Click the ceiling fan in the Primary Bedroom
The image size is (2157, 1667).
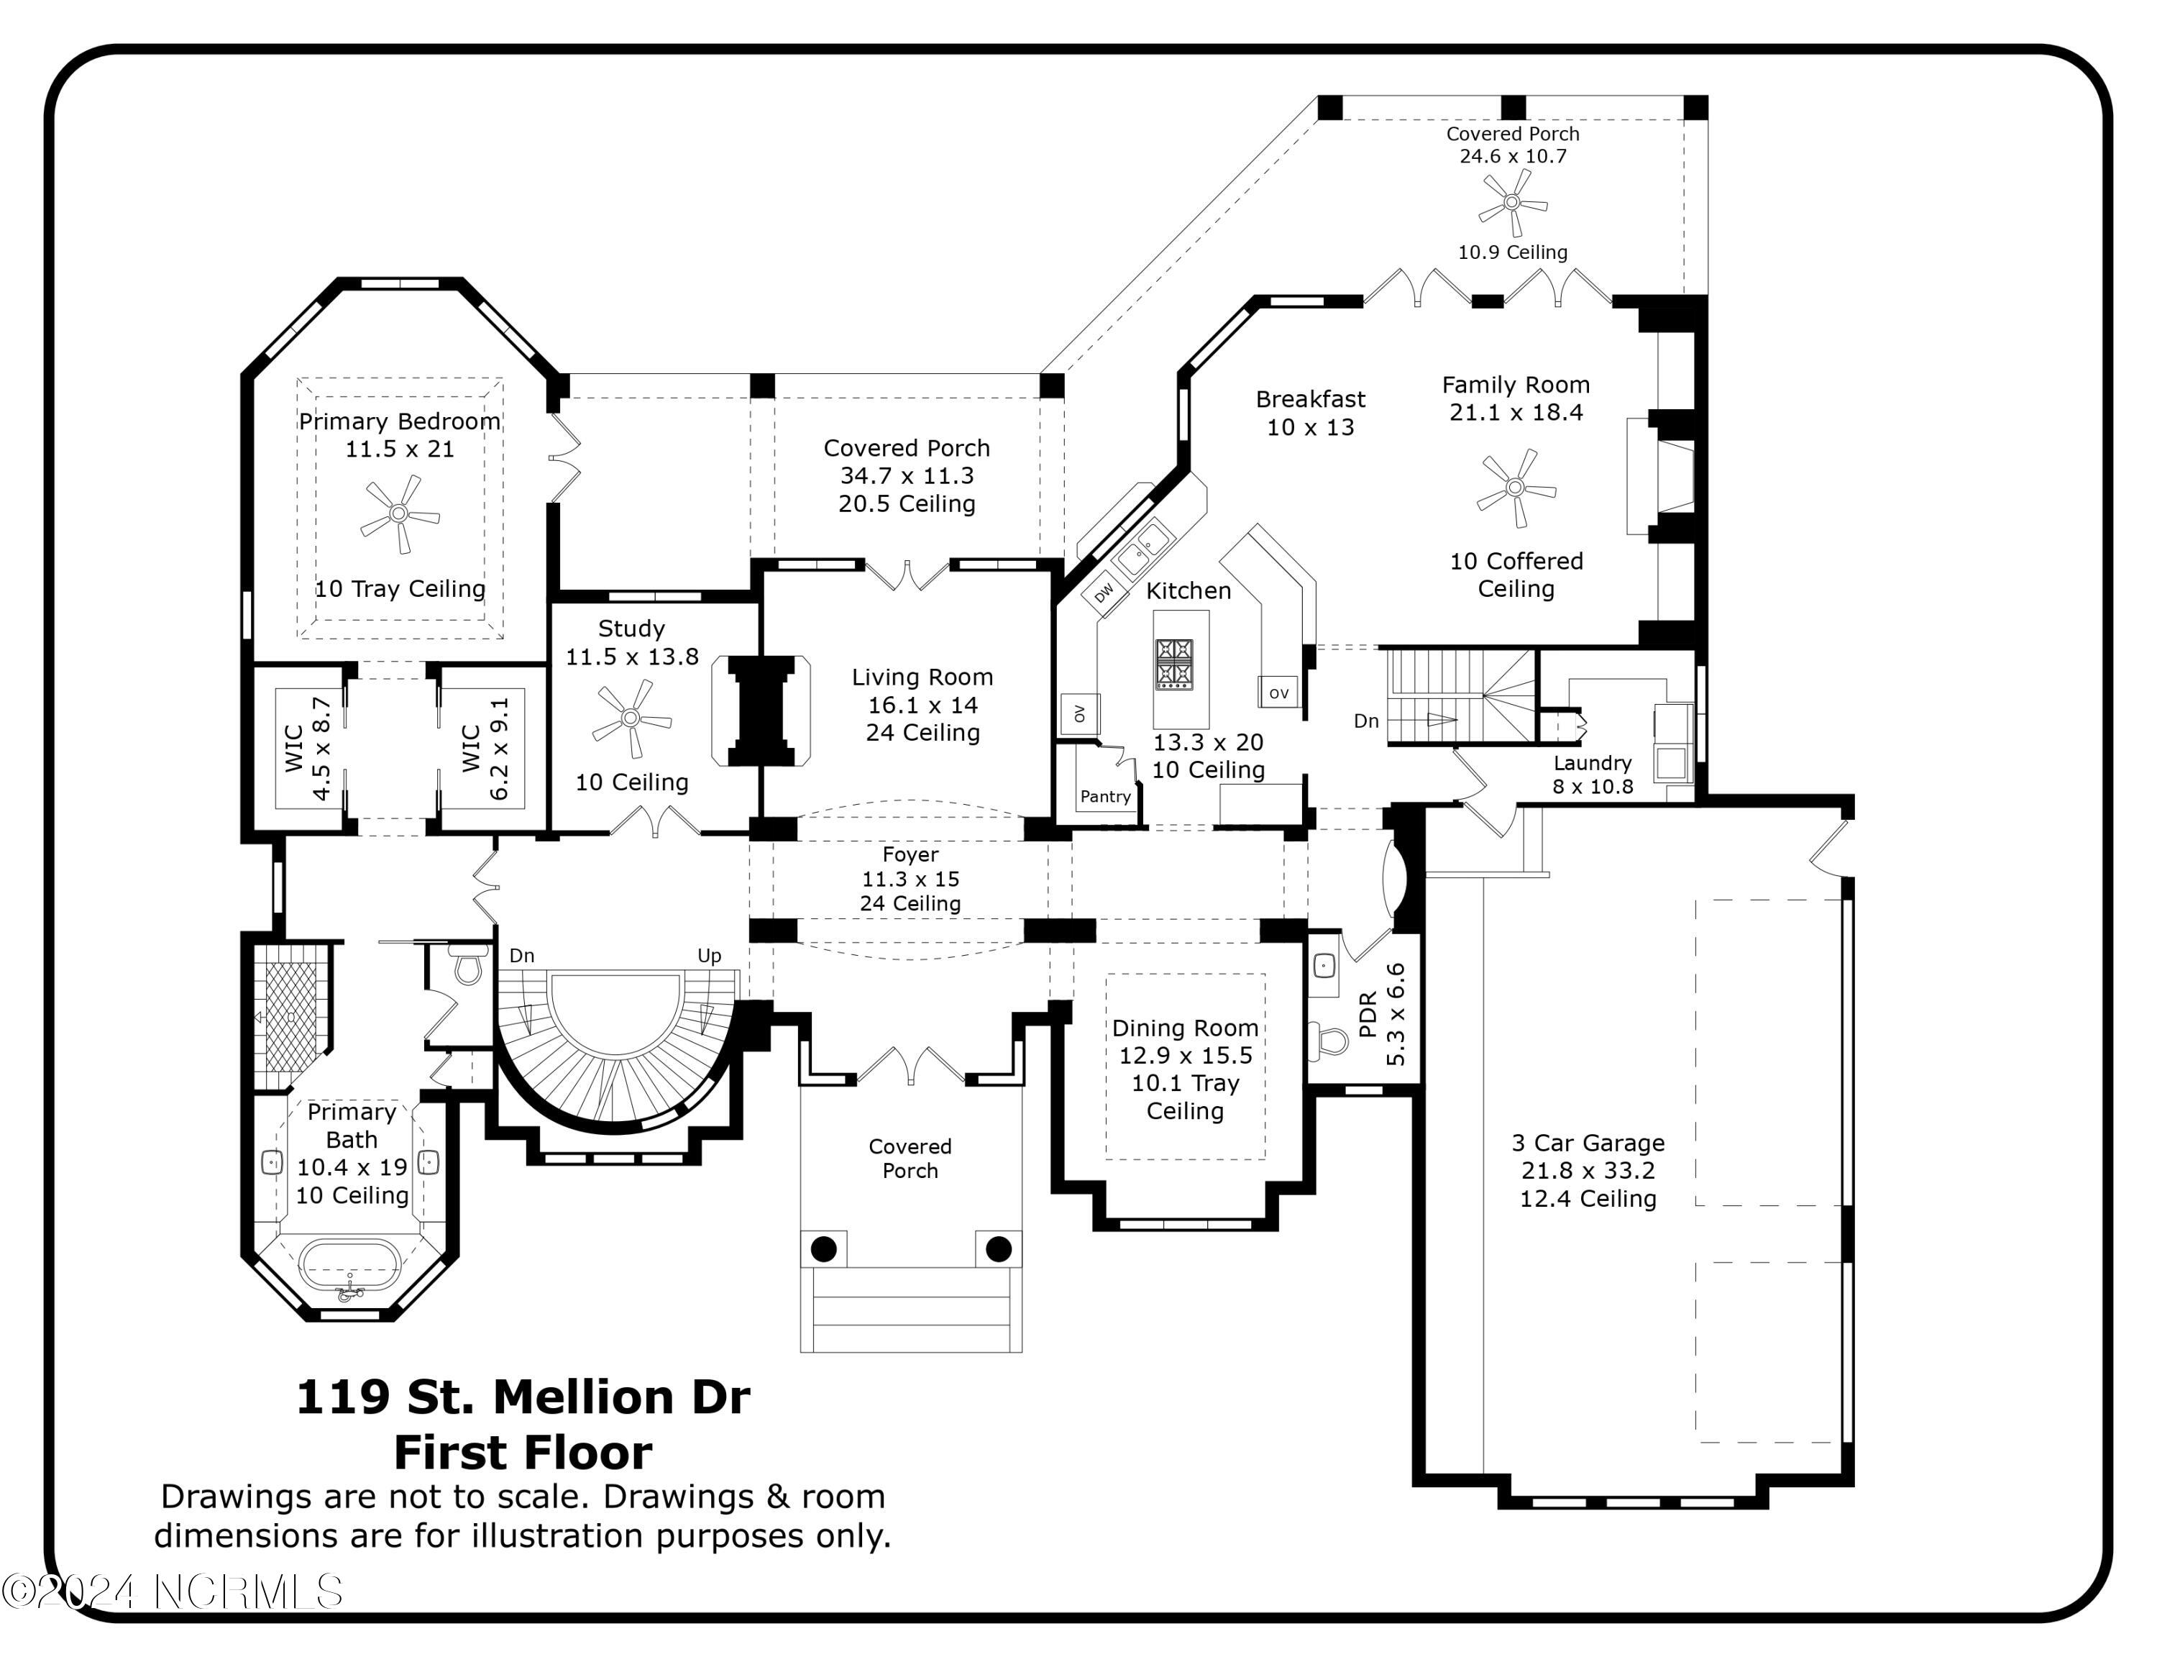pyautogui.click(x=399, y=513)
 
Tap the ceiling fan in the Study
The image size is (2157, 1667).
pyautogui.click(x=631, y=719)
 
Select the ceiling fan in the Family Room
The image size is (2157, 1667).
pyautogui.click(x=1516, y=488)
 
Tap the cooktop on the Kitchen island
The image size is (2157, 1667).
pyautogui.click(x=1174, y=662)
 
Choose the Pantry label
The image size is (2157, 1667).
pyautogui.click(x=1105, y=796)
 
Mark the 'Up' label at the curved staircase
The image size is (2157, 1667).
pyautogui.click(x=709, y=955)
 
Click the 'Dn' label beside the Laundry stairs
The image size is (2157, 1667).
pyautogui.click(x=1366, y=721)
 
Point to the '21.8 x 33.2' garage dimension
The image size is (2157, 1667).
pyautogui.click(x=1588, y=1170)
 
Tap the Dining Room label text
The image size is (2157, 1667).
pyautogui.click(x=1185, y=1028)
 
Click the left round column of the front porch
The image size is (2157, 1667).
pyautogui.click(x=824, y=1249)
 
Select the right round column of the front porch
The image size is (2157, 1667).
pyautogui.click(x=999, y=1249)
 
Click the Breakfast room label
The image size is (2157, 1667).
pyautogui.click(x=1311, y=399)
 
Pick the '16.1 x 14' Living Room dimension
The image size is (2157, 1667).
pyautogui.click(x=922, y=705)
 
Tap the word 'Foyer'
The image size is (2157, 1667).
pyautogui.click(x=910, y=854)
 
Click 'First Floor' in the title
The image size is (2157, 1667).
pyautogui.click(x=523, y=1452)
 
